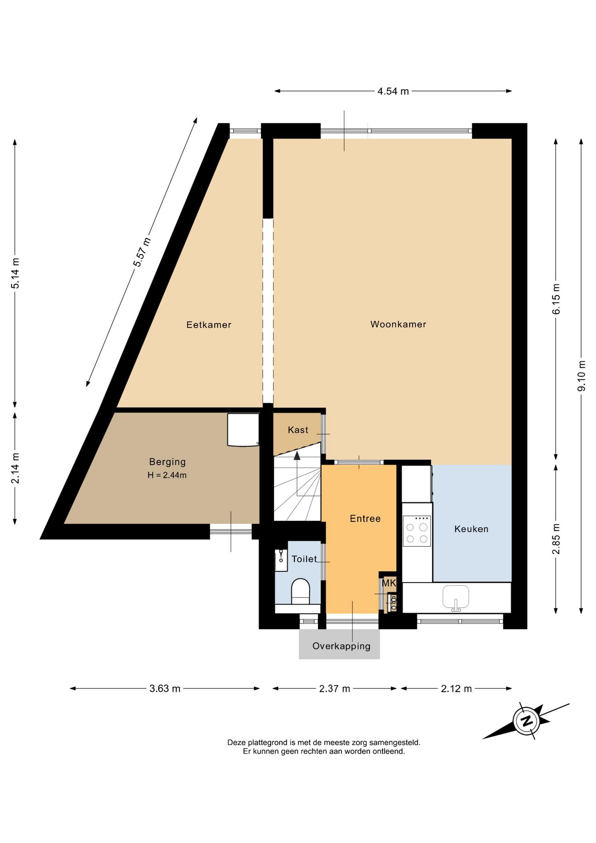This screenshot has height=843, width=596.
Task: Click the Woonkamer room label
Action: (x=398, y=324)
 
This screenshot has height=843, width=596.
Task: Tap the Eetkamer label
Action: (x=208, y=324)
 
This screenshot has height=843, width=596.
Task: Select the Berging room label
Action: (x=167, y=462)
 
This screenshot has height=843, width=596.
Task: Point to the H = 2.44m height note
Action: (x=167, y=475)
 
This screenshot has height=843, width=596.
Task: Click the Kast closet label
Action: (x=298, y=430)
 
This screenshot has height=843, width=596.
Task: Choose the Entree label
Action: (x=365, y=519)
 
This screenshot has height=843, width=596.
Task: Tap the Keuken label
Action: (x=471, y=529)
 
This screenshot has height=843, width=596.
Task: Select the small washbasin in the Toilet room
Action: (x=281, y=560)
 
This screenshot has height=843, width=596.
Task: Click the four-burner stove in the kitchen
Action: (x=416, y=531)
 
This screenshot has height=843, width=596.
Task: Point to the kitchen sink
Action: (x=456, y=598)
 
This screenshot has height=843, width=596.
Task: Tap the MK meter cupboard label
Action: (x=389, y=583)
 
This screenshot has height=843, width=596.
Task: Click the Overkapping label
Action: (x=341, y=646)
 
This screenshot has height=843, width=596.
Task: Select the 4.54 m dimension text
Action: (x=393, y=91)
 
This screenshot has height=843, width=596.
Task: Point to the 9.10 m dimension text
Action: (x=582, y=376)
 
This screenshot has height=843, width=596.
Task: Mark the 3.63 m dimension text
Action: (x=165, y=688)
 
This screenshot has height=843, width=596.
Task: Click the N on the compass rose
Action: (x=526, y=721)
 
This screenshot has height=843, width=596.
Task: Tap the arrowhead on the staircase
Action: (x=297, y=455)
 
